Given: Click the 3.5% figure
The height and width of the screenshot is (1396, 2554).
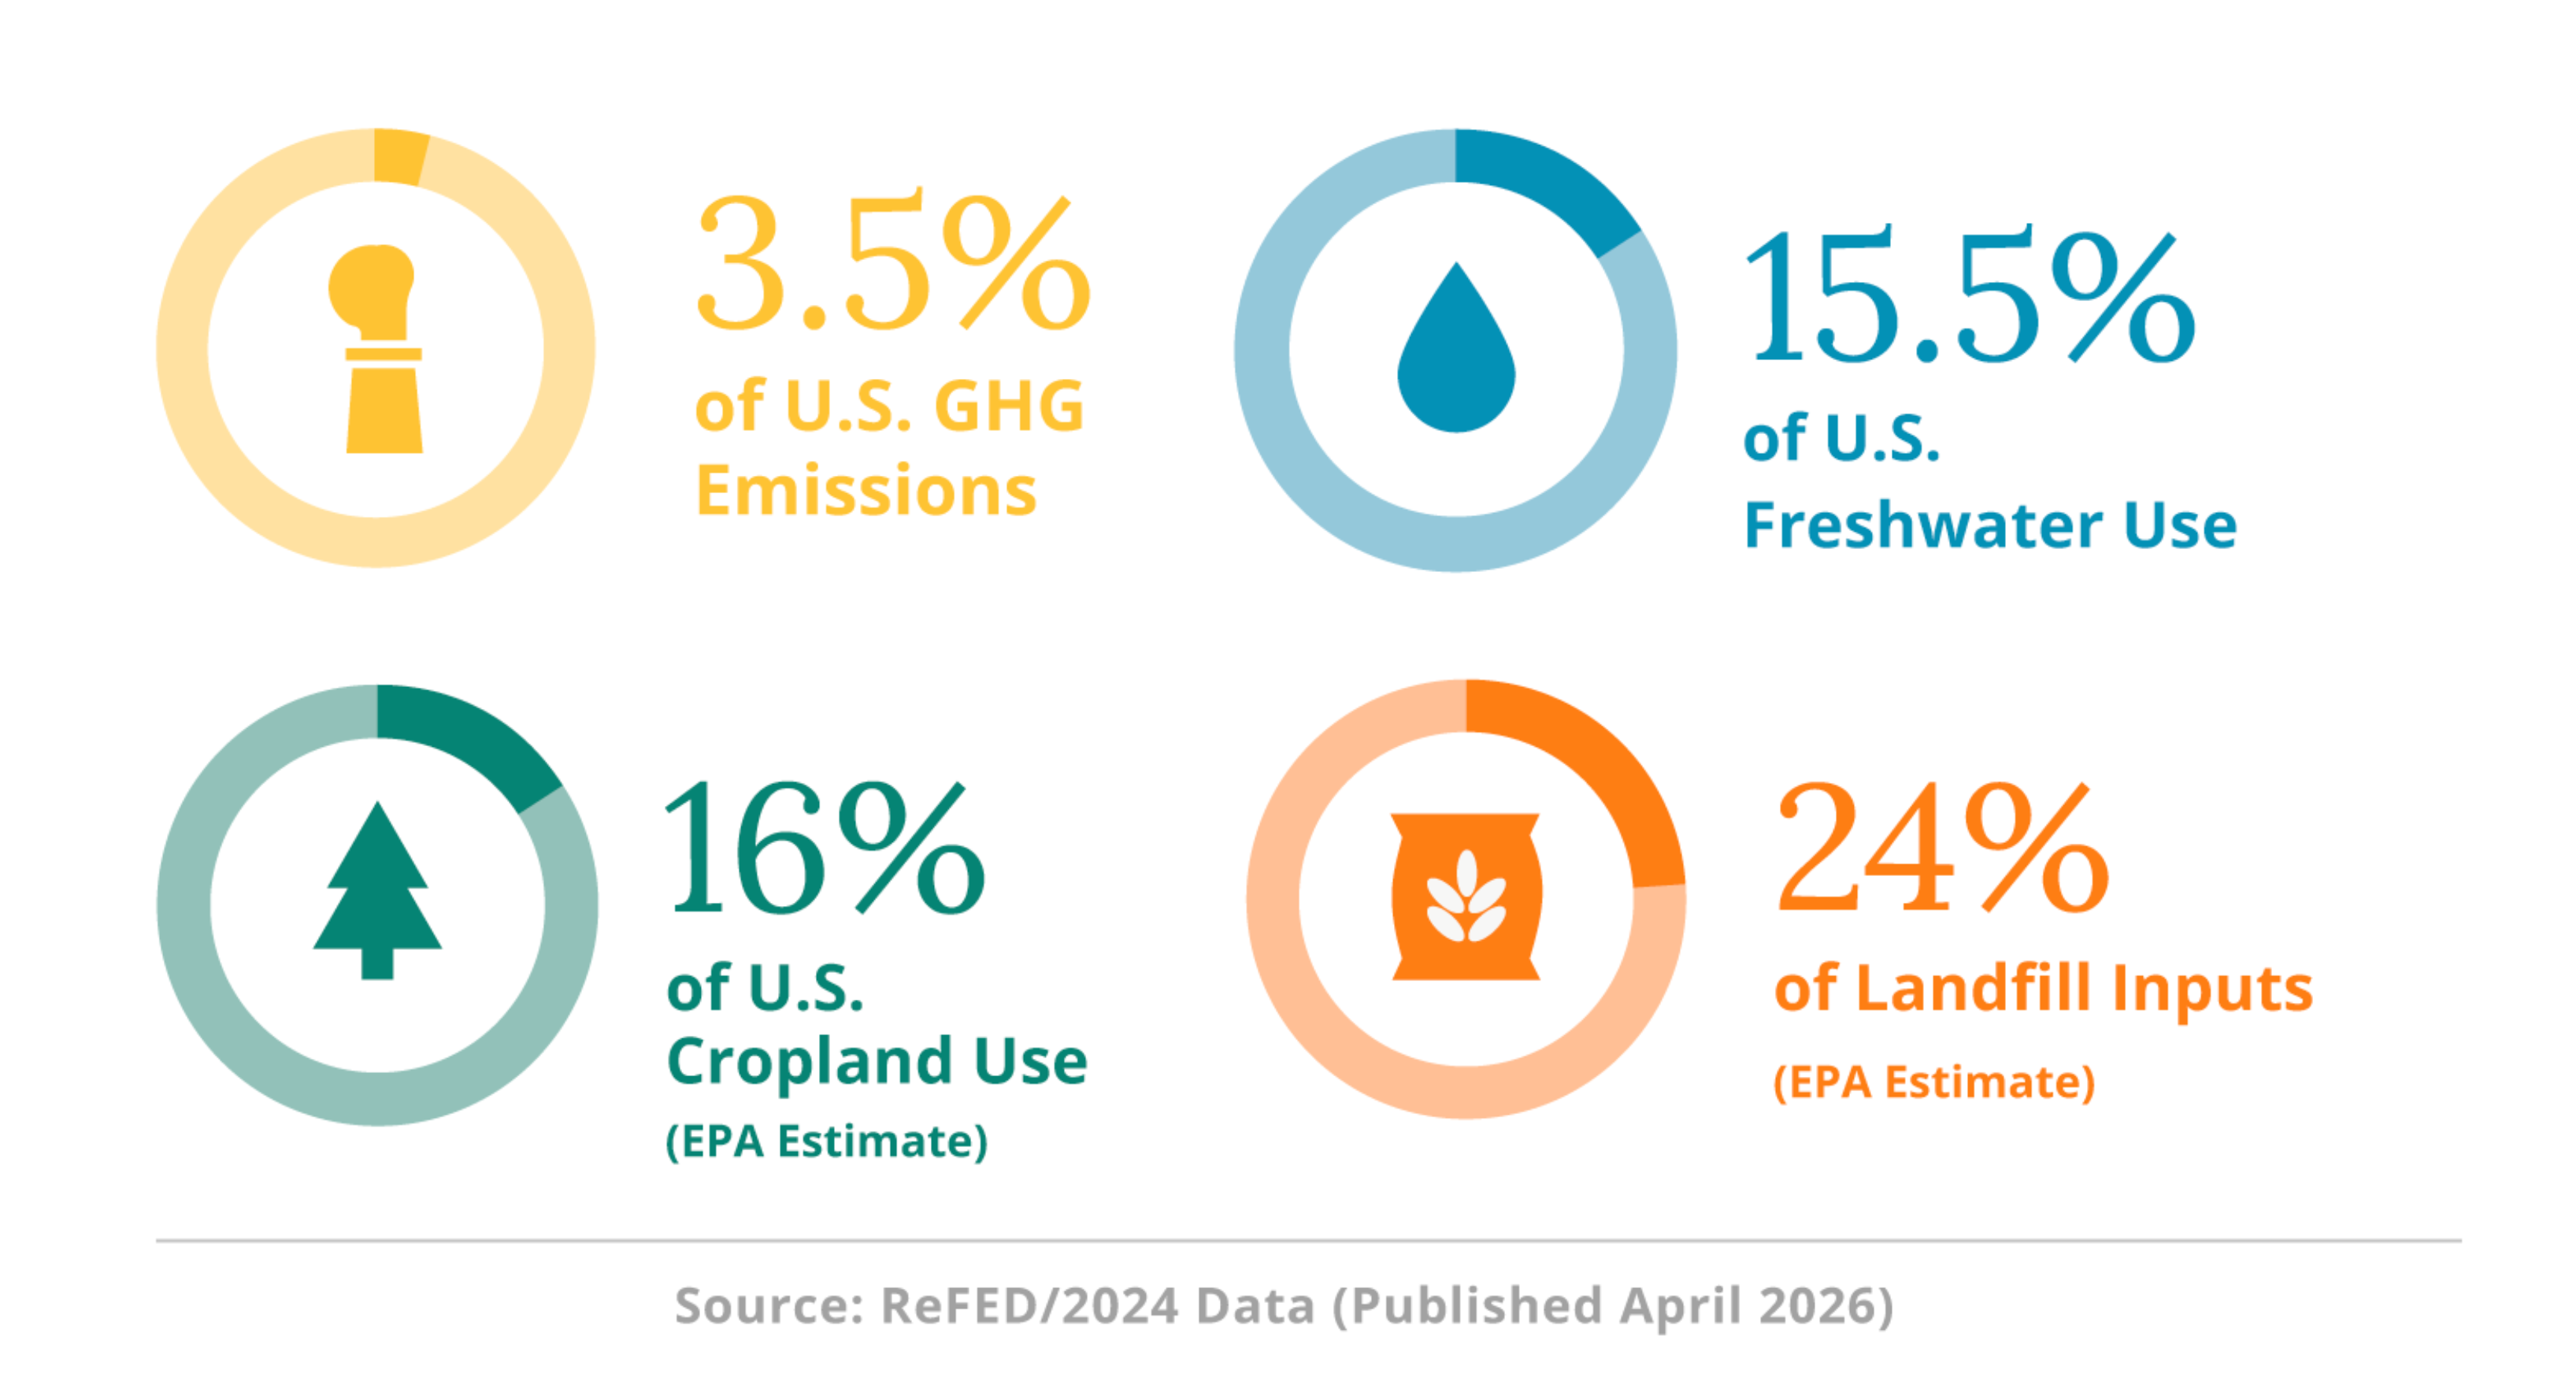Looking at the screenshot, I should click(892, 264).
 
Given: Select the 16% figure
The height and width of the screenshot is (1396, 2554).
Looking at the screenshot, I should click(823, 848).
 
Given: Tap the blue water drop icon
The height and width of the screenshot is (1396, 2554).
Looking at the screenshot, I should click(1455, 351).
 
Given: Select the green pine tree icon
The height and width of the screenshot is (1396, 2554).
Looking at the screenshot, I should click(376, 893).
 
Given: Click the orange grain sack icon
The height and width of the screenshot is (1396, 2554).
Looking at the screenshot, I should click(1466, 897).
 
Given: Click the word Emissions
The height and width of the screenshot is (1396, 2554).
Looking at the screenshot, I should click(866, 490).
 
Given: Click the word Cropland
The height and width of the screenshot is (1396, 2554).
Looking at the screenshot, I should click(809, 1061).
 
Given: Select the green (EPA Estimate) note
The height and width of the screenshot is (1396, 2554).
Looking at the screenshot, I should click(826, 1142).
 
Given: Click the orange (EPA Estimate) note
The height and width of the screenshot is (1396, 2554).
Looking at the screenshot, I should click(1933, 1082).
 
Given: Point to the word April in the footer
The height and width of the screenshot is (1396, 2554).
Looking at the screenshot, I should click(1680, 1305).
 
